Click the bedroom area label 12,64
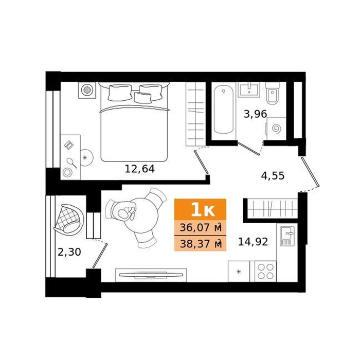pyautogui.click(x=139, y=169)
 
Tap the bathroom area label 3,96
pyautogui.click(x=255, y=114)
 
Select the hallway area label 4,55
pyautogui.click(x=273, y=176)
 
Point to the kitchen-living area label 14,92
pyautogui.click(x=253, y=242)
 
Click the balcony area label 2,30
pyautogui.click(x=69, y=252)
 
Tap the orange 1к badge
pyautogui.click(x=200, y=210)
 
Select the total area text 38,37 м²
pyautogui.click(x=201, y=244)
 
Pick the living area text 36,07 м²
pyautogui.click(x=201, y=228)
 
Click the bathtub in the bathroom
pyautogui.click(x=224, y=109)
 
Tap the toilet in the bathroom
pyautogui.click(x=272, y=94)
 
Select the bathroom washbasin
pyautogui.click(x=249, y=90)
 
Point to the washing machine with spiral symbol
pyautogui.click(x=276, y=129)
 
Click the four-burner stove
pyautogui.click(x=265, y=272)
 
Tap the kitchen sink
pyautogui.click(x=287, y=236)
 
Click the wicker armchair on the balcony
pyautogui.click(x=69, y=219)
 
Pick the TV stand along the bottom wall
pyautogui.click(x=151, y=275)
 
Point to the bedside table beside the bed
pyautogui.click(x=87, y=90)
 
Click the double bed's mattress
pyautogui.click(x=135, y=133)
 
